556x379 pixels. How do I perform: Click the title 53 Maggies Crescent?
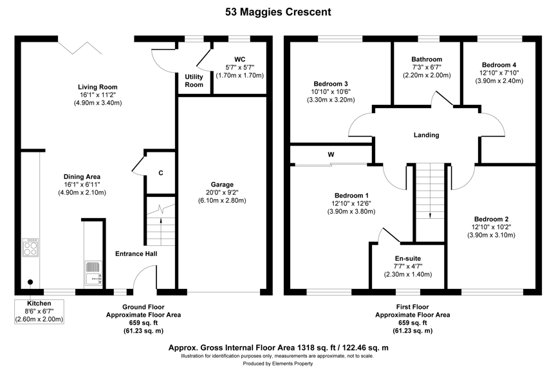278,12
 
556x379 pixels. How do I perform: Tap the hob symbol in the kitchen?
30,247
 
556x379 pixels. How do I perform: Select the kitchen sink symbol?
93,273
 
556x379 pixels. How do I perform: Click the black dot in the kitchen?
30,282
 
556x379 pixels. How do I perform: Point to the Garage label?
222,185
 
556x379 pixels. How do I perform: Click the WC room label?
239,59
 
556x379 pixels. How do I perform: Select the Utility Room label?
194,81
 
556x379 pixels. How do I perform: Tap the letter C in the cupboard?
161,173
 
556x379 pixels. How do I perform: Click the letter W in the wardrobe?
331,154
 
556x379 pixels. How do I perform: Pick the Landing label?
426,135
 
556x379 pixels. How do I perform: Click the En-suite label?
408,259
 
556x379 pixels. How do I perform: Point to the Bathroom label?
427,59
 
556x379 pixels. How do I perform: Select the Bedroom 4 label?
499,65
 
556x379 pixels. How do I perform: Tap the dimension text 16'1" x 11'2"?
98,95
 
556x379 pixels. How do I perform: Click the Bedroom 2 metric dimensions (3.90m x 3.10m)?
491,235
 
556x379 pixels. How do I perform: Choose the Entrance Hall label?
136,254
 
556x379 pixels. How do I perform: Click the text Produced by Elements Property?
277,364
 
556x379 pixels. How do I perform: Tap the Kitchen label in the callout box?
39,304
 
